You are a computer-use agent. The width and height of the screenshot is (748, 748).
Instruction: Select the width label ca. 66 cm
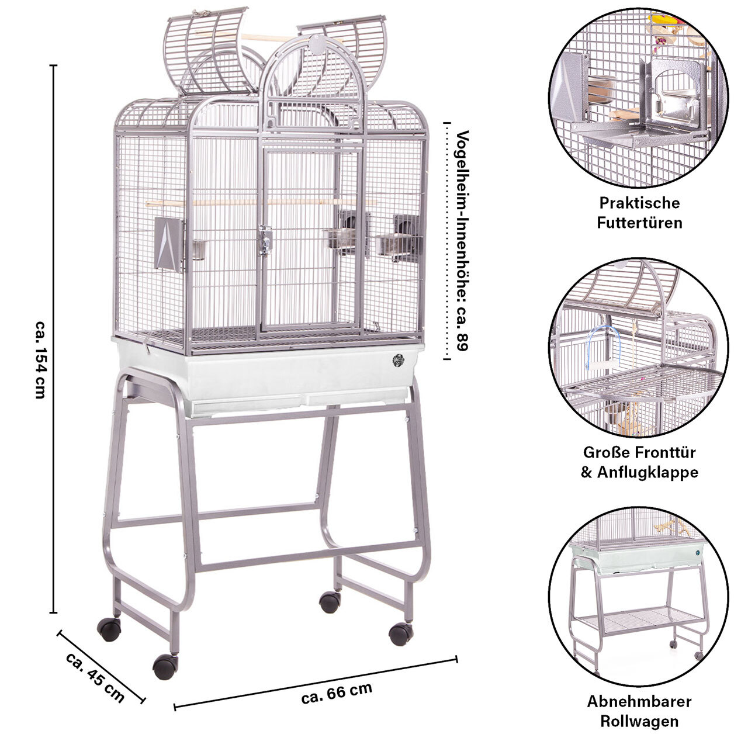(337, 693)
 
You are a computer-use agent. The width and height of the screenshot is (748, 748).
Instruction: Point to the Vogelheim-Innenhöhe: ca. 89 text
(462, 241)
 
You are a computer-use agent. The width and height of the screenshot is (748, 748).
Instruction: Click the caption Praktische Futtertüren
(639, 213)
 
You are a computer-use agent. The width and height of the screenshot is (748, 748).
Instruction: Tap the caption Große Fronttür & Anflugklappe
(639, 462)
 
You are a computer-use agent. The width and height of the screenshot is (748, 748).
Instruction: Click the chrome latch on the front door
(265, 240)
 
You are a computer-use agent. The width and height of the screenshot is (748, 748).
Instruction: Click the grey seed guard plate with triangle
(169, 243)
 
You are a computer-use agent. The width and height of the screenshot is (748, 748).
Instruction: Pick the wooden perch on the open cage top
(248, 37)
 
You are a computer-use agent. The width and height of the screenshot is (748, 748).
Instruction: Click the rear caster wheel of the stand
(330, 602)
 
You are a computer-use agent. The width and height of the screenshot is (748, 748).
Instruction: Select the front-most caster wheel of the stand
(165, 666)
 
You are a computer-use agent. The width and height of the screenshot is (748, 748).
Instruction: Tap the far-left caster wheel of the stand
(109, 629)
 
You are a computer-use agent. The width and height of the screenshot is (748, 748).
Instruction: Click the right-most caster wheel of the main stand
(401, 634)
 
